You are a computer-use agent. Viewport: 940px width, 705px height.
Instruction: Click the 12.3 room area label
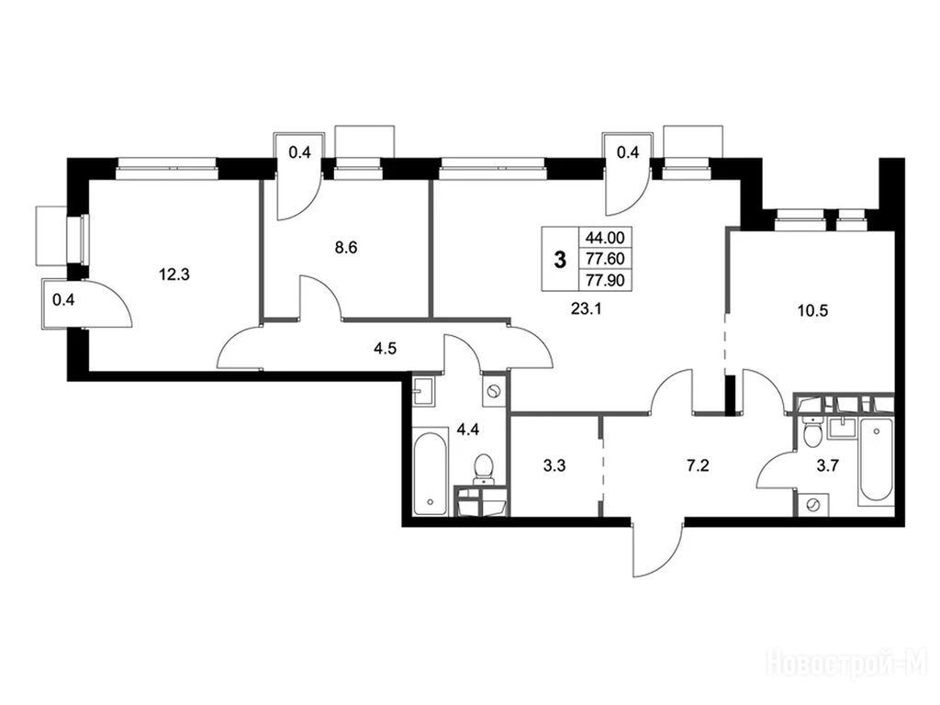[x=173, y=274]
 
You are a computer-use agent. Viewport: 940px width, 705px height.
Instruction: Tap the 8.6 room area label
[x=346, y=247]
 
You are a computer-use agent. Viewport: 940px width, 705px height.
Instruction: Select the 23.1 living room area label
[x=587, y=309]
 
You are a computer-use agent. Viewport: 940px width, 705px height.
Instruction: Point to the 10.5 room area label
[x=812, y=310]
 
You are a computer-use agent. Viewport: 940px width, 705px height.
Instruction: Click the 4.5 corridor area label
[x=385, y=348]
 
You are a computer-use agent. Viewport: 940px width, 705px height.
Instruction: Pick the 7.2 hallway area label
[x=698, y=465]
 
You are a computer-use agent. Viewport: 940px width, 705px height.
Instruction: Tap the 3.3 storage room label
[x=554, y=465]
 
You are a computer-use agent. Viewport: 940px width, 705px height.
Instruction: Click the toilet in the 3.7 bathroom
[x=813, y=434]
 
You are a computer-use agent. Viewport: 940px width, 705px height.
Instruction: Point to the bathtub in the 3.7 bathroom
[x=876, y=462]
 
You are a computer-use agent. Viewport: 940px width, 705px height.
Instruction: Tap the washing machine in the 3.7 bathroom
[x=813, y=505]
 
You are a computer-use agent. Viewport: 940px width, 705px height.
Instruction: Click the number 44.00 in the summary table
[x=605, y=238]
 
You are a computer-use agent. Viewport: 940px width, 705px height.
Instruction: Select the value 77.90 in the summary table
[x=605, y=280]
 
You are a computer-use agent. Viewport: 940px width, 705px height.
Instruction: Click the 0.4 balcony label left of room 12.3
[x=63, y=300]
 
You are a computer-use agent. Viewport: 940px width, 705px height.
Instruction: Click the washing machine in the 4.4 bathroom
[x=495, y=392]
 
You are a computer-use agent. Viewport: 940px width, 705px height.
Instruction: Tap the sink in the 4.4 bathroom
[x=425, y=393]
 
